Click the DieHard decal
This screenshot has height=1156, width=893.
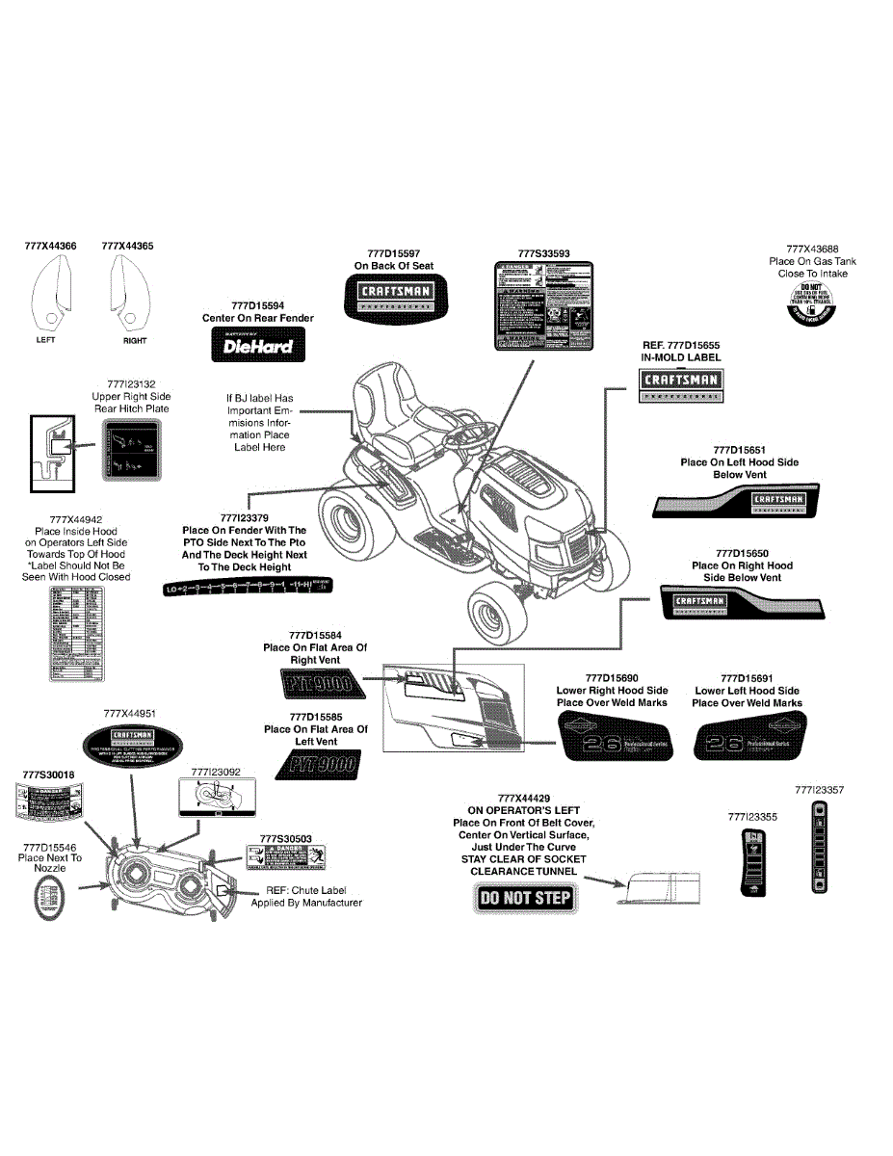tap(251, 344)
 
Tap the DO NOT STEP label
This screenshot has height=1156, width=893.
tap(525, 898)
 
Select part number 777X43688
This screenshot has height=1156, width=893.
tap(812, 249)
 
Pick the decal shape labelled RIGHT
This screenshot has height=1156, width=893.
tap(127, 293)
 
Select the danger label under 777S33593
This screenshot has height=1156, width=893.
tap(543, 307)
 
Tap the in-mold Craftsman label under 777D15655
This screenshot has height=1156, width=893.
tap(681, 384)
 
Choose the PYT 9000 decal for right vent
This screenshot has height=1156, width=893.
tap(315, 685)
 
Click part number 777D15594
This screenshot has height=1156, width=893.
tap(257, 304)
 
